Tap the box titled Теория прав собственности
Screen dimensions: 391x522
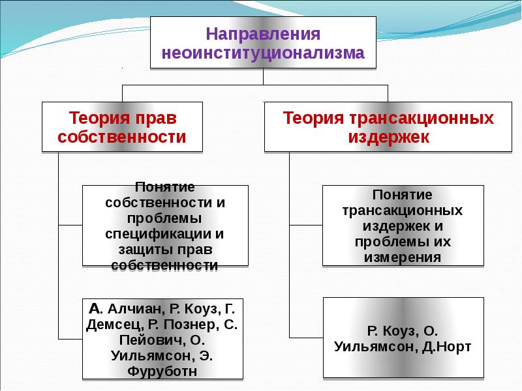click(x=123, y=127)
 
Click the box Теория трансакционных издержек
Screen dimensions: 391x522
click(x=388, y=127)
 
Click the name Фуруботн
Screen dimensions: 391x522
click(x=164, y=372)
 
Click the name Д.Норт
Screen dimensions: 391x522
click(x=446, y=345)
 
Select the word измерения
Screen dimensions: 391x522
click(x=404, y=257)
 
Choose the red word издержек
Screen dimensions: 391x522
click(x=388, y=137)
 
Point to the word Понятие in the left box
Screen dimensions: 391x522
click(x=165, y=186)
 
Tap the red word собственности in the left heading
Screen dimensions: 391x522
click(x=123, y=137)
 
